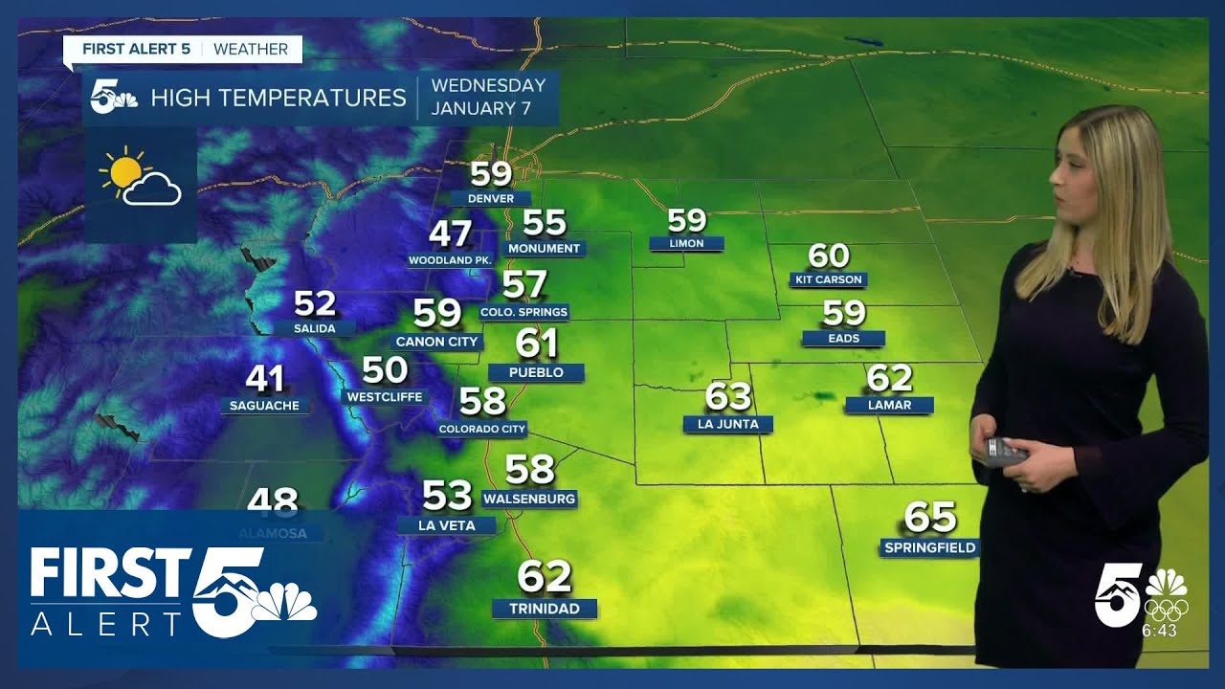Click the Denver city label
click(x=491, y=199)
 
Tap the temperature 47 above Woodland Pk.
click(x=450, y=234)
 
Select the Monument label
click(x=545, y=249)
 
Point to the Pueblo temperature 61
click(x=536, y=343)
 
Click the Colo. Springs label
click(x=524, y=312)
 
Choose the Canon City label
click(x=437, y=342)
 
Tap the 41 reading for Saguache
click(x=265, y=379)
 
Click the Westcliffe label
click(x=385, y=397)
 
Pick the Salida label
click(x=315, y=328)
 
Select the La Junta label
click(x=727, y=424)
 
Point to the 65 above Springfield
click(x=930, y=518)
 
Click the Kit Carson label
click(x=829, y=279)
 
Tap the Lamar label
click(x=889, y=405)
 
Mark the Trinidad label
click(x=545, y=609)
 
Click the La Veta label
click(x=447, y=525)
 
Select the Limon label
click(x=686, y=244)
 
